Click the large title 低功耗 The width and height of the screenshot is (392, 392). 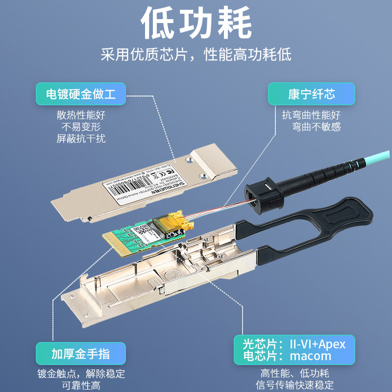coord(196,24)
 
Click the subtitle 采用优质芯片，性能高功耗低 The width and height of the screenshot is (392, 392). coord(196,54)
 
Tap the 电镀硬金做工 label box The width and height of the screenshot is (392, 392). coord(81,94)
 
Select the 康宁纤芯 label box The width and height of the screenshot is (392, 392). coord(311,94)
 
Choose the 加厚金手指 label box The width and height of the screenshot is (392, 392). coord(81,353)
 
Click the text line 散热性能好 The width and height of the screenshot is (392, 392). coord(81,116)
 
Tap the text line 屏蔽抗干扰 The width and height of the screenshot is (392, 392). coord(81,139)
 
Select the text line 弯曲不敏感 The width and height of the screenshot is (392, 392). coord(316,127)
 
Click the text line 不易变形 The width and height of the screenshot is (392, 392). coord(81,127)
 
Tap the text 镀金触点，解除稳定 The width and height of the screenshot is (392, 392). coord(81,374)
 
